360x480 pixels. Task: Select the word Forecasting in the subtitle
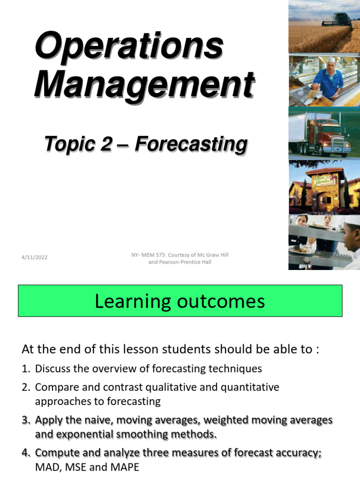[x=191, y=144]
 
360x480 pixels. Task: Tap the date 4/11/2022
[x=34, y=257]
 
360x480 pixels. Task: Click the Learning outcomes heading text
[x=180, y=301]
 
